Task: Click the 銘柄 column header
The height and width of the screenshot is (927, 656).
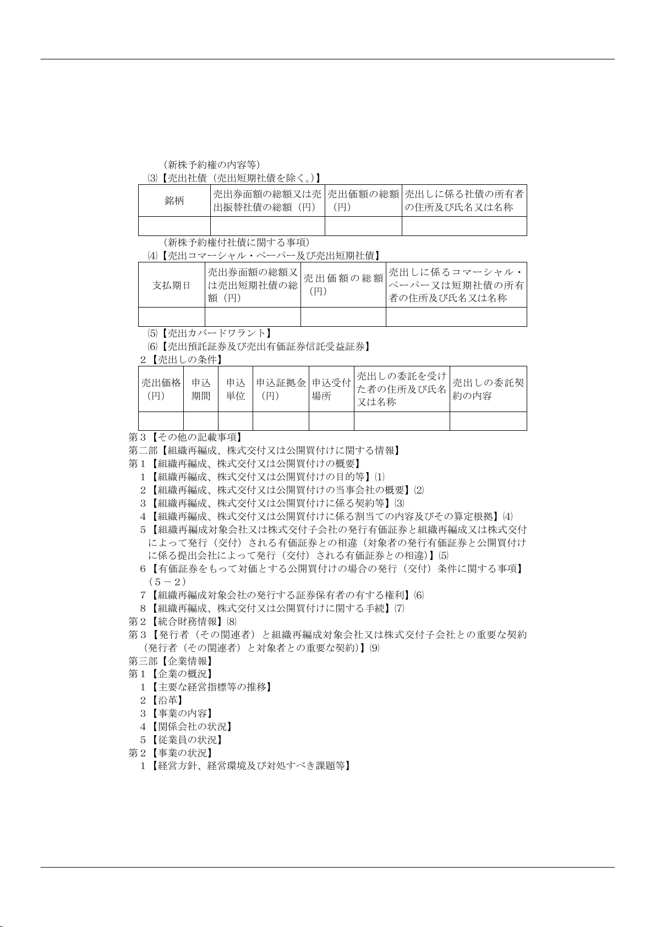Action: [x=174, y=201]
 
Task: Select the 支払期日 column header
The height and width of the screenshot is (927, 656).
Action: [x=171, y=286]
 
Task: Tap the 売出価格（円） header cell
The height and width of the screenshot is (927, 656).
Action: [x=161, y=389]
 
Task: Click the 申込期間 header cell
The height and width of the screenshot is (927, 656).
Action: [x=201, y=389]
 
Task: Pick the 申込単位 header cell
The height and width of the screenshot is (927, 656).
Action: [x=236, y=389]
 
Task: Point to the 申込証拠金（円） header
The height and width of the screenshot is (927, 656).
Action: [x=281, y=389]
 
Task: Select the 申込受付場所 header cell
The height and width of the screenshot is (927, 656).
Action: [x=331, y=389]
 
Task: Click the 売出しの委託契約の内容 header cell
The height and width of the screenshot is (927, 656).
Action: [x=488, y=389]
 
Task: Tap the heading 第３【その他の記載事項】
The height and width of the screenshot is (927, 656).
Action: [x=185, y=437]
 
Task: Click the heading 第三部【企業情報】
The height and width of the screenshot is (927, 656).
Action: [x=171, y=661]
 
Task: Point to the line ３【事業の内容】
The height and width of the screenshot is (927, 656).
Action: [x=176, y=714]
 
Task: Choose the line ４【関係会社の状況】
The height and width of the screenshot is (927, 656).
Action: [x=186, y=727]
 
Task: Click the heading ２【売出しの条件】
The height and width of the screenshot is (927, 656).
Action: [x=181, y=360]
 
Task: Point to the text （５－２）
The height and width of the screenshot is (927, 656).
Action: [x=168, y=582]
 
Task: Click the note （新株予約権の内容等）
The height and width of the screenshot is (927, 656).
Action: [x=212, y=164]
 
